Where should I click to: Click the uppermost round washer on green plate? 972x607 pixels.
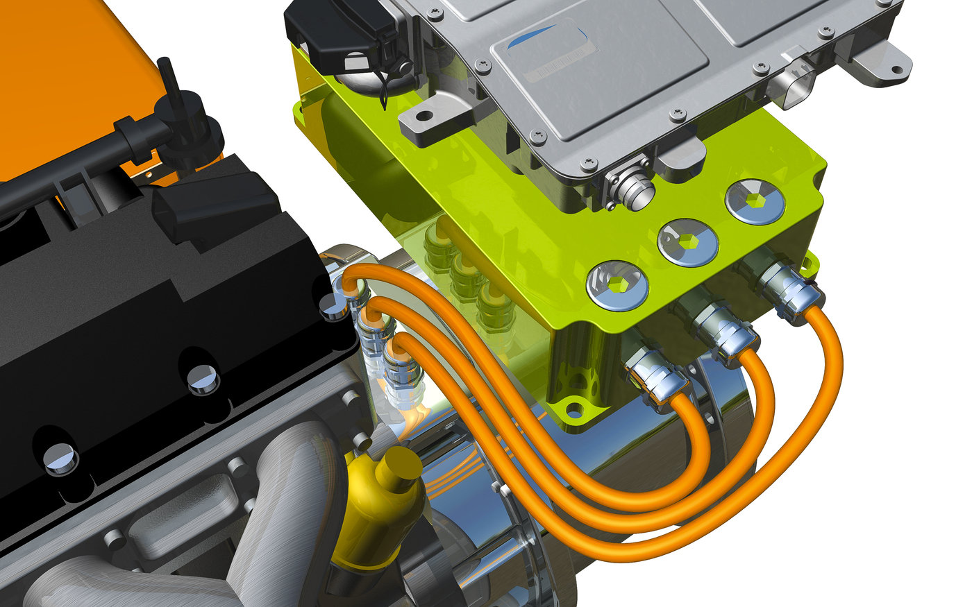755,201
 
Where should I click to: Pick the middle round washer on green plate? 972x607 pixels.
687,242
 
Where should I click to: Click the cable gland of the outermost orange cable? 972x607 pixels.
788,285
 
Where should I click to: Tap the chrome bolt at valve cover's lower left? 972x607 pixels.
62,459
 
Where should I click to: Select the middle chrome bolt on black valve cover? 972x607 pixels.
204,379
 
